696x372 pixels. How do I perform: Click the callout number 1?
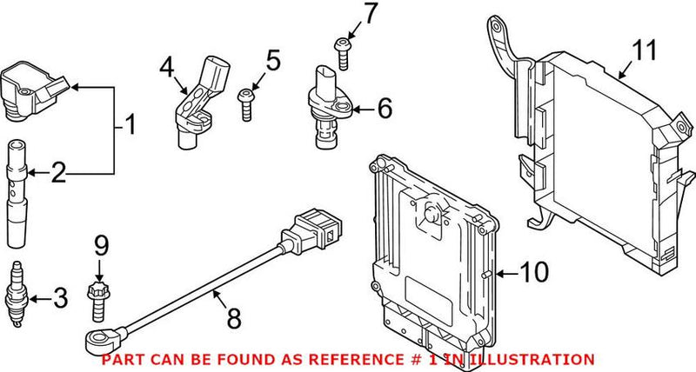point(130,127)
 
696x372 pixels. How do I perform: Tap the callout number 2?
point(59,175)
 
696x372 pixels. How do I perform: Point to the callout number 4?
point(166,65)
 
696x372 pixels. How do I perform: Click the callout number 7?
point(346,14)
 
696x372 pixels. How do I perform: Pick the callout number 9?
point(101,247)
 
